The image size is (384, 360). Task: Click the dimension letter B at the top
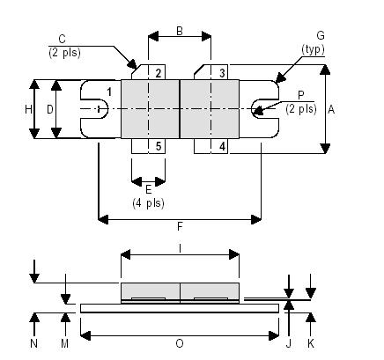pos(179,31)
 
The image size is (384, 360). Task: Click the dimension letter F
pos(180,226)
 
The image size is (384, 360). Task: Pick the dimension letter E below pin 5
pos(148,189)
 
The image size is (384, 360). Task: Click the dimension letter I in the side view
pos(180,249)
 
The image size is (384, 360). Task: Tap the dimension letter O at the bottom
pos(180,343)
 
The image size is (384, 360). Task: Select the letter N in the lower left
pos(34,343)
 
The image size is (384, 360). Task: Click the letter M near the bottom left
pos(64,343)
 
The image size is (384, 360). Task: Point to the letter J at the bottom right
pos(289,343)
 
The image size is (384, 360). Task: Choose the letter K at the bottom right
pos(310,343)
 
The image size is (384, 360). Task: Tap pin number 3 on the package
pos(222,73)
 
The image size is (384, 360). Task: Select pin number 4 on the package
pos(222,145)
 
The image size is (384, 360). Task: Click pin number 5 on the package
pos(159,145)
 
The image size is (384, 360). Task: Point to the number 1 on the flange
pos(109,92)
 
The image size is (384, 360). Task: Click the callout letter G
pos(320,35)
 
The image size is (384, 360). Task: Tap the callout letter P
pos(300,95)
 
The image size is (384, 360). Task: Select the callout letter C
pos(61,39)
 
